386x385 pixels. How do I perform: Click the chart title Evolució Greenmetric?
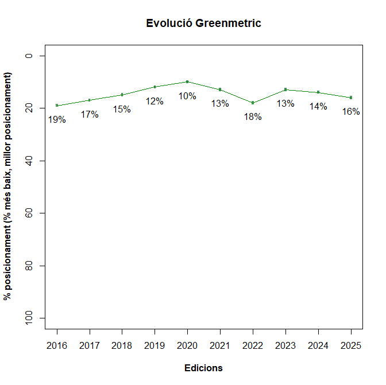(x=203, y=24)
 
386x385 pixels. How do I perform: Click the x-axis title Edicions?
(x=203, y=368)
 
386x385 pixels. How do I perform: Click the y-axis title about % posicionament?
(x=8, y=186)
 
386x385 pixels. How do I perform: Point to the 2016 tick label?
(x=57, y=345)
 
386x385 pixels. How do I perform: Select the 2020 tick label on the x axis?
(x=187, y=345)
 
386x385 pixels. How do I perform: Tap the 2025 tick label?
(x=351, y=345)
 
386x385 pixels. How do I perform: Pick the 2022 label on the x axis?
(x=253, y=345)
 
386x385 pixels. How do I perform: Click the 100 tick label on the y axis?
(x=28, y=318)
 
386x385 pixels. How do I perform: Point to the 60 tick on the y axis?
(x=28, y=213)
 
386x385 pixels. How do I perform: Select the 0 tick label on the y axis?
(x=28, y=56)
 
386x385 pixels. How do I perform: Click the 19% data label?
(x=57, y=120)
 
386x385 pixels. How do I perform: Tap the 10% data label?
(x=187, y=96)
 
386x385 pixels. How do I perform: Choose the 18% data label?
(x=253, y=117)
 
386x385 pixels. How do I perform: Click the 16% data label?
(x=351, y=112)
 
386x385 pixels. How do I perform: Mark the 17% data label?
(x=90, y=115)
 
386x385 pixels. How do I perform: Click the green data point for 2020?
(x=187, y=81)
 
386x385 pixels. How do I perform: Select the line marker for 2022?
(x=253, y=103)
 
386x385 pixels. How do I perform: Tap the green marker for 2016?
(x=57, y=106)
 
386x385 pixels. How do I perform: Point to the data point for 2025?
(x=351, y=98)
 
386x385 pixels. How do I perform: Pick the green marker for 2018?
(x=122, y=95)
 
